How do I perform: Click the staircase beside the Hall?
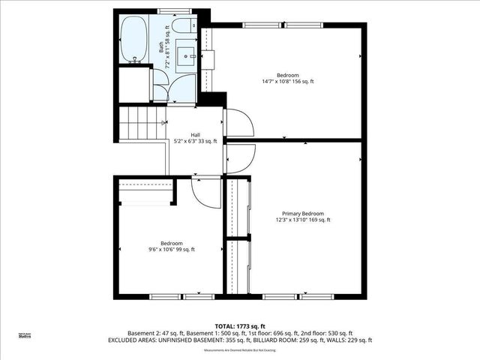point(142,123)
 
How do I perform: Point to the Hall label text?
point(194,135)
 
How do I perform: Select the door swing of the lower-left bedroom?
point(204,193)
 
